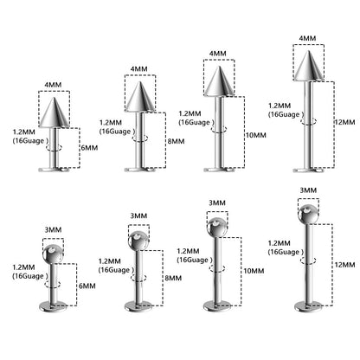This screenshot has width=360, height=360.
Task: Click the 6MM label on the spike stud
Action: click(x=89, y=148)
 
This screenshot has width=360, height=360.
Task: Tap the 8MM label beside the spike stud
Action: click(x=176, y=141)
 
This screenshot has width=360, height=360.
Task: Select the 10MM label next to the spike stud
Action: click(x=256, y=135)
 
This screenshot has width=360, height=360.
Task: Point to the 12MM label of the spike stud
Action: click(x=345, y=122)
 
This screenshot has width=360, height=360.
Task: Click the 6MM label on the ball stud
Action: click(x=87, y=286)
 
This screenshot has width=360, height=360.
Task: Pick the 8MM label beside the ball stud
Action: click(x=173, y=278)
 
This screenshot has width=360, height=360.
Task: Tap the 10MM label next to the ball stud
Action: click(x=254, y=271)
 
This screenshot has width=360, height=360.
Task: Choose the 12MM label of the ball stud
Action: click(x=344, y=264)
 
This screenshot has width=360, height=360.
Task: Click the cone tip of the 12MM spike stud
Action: click(x=309, y=51)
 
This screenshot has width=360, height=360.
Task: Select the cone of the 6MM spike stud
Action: click(x=54, y=112)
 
